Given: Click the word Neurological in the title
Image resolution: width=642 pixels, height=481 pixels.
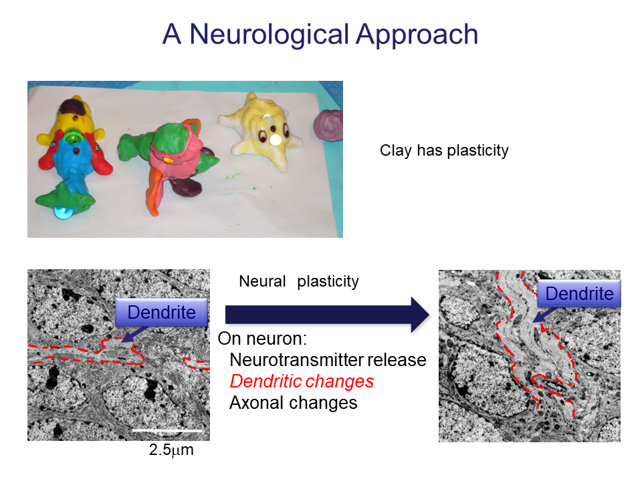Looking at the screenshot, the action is pos(270,35).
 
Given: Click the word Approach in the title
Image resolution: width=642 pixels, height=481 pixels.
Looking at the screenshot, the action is pos(417,35).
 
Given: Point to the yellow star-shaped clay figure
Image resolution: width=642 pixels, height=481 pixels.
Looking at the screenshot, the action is pos(262,131).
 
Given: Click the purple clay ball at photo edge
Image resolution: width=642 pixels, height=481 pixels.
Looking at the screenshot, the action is pos(328,125).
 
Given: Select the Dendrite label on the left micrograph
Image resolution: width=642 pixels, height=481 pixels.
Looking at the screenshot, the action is pos(161,312).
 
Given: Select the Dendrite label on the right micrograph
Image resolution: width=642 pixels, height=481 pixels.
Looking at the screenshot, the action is pos(579,293).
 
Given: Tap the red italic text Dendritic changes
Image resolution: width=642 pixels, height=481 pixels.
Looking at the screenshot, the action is pos(302,381).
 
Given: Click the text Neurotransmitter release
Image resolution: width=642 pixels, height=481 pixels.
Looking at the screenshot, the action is pos(328,360).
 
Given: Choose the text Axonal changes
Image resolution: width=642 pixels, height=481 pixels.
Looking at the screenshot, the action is pos(293,403).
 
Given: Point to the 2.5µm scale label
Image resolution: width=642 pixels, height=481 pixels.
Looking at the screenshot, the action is pos(171,450).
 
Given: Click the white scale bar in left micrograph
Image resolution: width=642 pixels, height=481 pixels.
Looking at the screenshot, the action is pos(167,430).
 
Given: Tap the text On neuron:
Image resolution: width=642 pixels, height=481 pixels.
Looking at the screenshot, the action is pos(262,339).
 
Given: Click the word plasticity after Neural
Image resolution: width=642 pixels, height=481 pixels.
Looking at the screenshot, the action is pos(328,282).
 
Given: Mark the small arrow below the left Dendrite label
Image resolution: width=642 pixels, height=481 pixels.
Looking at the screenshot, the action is pos(135,334).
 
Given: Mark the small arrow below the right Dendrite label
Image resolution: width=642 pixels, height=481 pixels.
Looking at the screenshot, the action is pos(544,315).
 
